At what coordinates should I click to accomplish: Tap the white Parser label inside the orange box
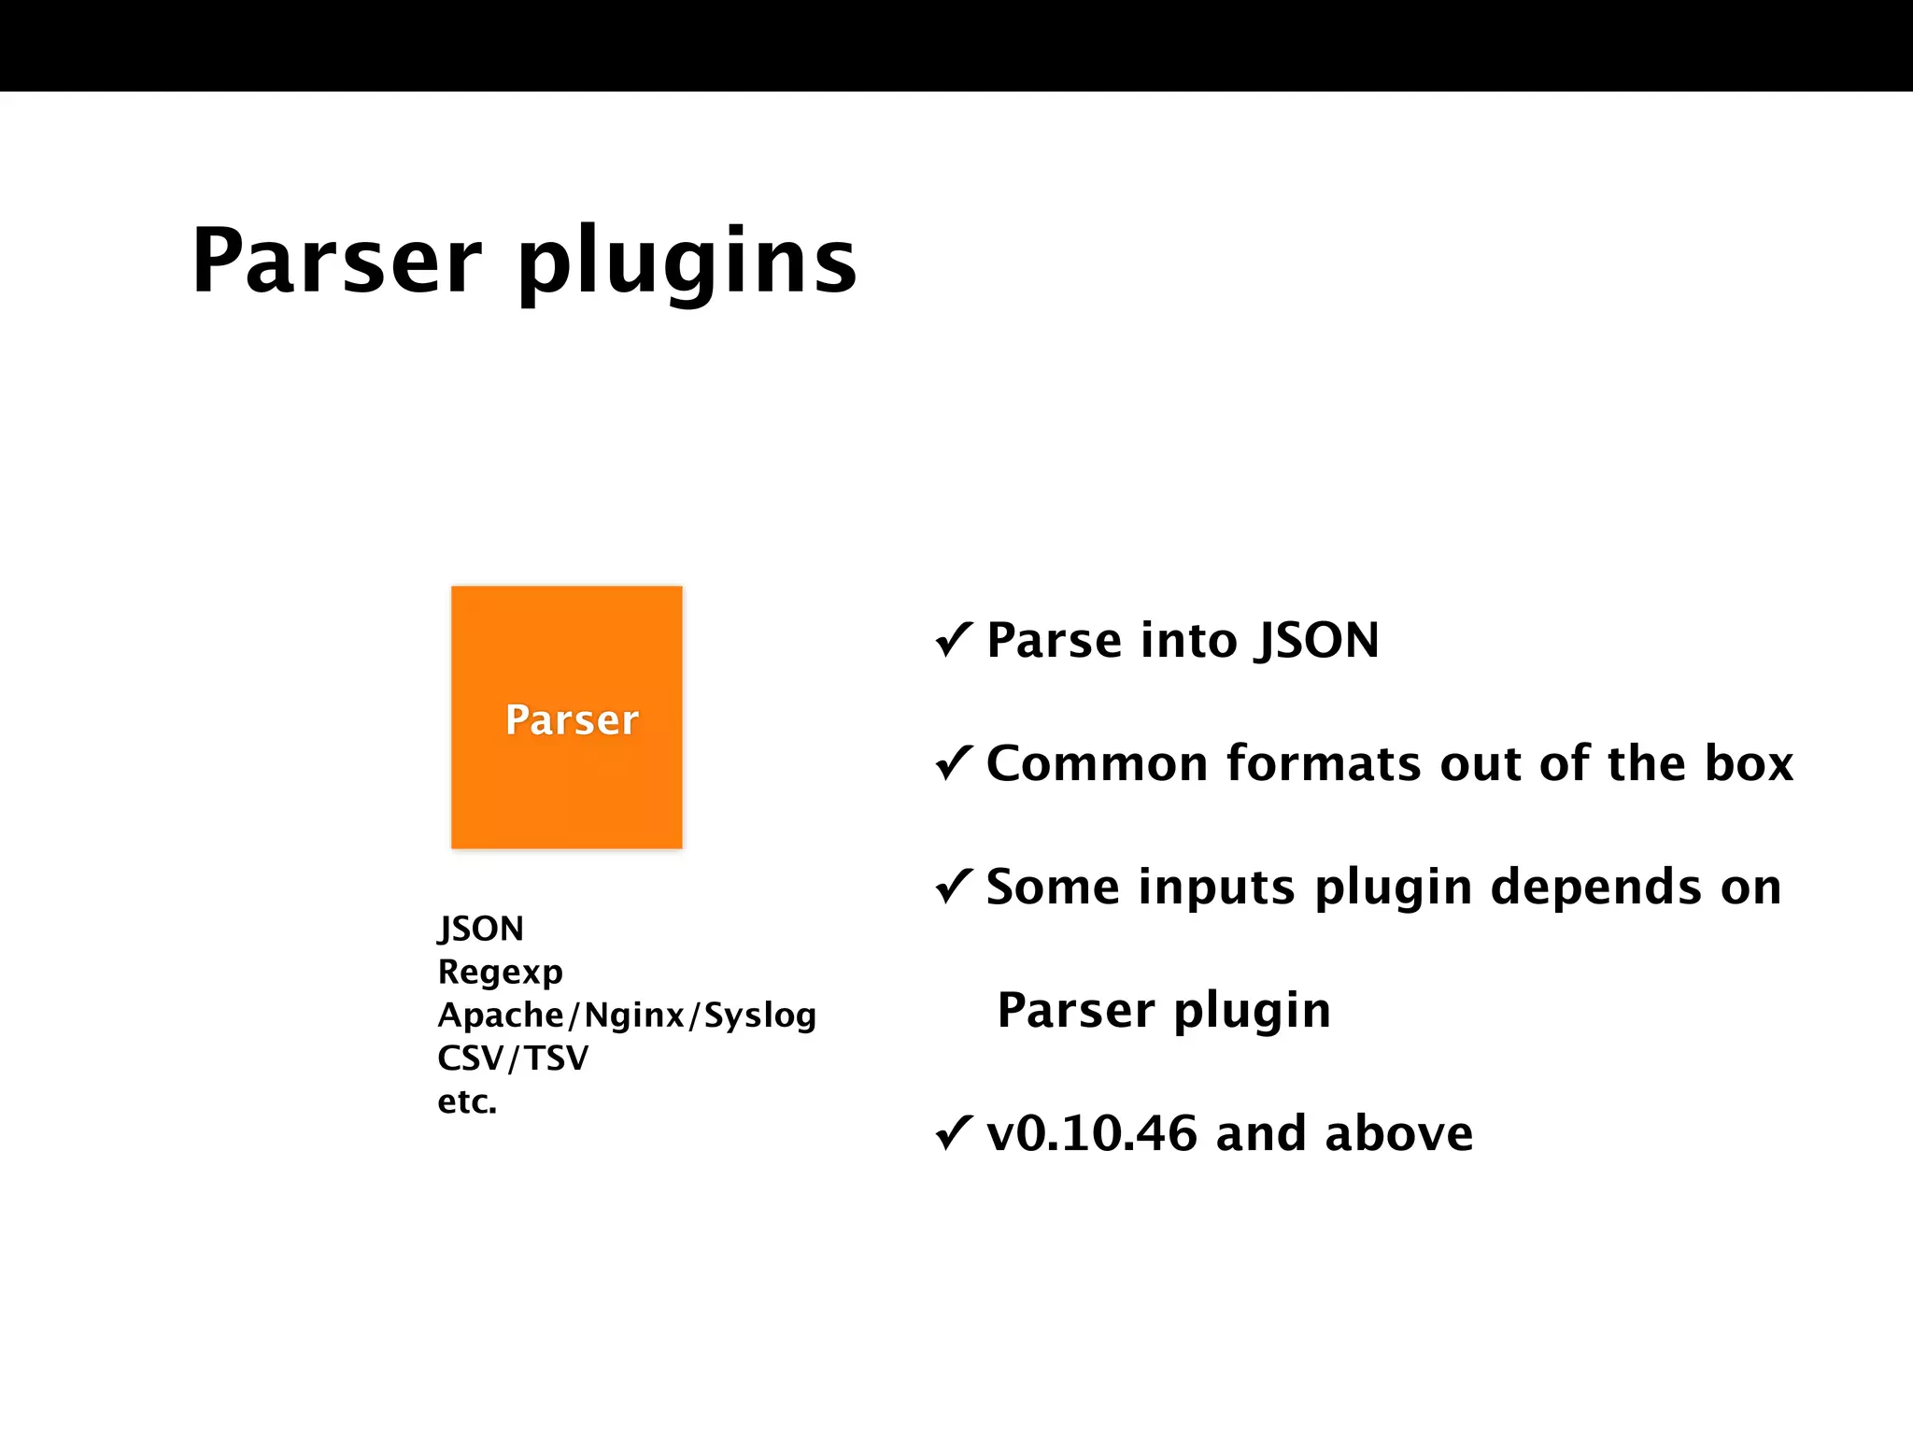click(572, 719)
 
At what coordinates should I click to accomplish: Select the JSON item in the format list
click(481, 929)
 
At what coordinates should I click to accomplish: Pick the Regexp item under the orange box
click(500, 973)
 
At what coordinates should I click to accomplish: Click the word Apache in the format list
click(501, 1015)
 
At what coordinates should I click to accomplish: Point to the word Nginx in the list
click(634, 1015)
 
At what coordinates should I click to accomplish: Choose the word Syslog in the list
click(759, 1016)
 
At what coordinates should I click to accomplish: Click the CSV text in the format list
click(471, 1058)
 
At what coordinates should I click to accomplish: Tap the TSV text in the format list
click(556, 1058)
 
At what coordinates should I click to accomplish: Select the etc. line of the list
click(467, 1101)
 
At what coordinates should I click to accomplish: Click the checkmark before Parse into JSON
click(954, 640)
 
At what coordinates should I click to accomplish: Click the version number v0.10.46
click(1091, 1133)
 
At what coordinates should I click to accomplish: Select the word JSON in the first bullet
click(1317, 641)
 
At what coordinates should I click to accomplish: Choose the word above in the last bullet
click(1398, 1133)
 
